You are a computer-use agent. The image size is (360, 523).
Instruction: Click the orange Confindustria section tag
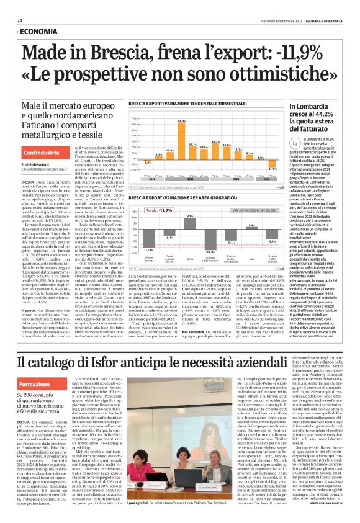pyautogui.click(x=42, y=153)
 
